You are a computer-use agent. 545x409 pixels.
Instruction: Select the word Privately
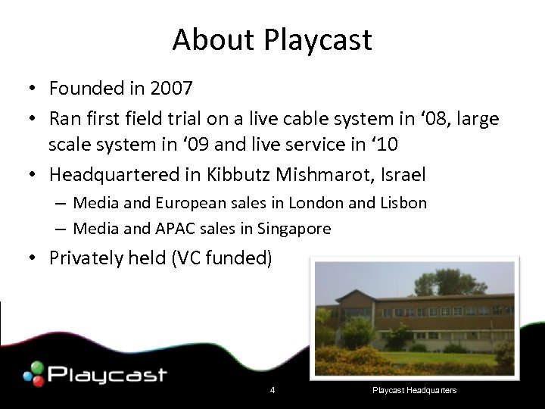point(88,258)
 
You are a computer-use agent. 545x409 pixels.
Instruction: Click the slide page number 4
point(272,390)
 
